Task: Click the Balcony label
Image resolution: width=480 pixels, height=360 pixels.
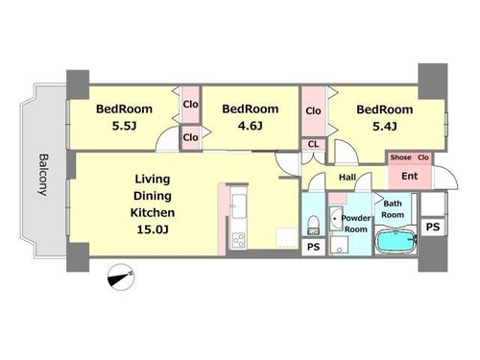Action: pos(43,175)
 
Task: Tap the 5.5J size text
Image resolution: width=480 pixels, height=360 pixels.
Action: pos(124,126)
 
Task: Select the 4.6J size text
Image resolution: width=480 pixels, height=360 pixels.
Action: pos(250,126)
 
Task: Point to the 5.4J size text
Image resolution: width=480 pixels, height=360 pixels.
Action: pos(385,127)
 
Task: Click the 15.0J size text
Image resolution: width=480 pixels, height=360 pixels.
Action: pos(153,229)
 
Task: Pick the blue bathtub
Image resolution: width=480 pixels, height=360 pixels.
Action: pos(396,241)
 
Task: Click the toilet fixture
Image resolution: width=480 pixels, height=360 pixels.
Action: pos(313,225)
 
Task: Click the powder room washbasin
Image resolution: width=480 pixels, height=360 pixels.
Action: pos(336,219)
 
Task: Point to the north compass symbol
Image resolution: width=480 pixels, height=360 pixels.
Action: pos(121,277)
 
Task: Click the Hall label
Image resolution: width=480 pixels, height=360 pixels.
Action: pos(348,177)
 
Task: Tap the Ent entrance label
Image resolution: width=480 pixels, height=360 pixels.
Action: pos(410,176)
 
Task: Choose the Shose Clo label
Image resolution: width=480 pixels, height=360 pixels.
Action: pos(409,157)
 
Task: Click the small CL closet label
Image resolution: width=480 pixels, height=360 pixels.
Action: pos(313,144)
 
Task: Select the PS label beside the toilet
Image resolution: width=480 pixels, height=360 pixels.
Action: pos(313,247)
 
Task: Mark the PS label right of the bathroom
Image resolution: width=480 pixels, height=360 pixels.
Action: pos(433,227)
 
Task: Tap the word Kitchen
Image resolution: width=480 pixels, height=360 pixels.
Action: pos(153,212)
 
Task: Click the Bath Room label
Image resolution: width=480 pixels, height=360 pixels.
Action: pos(393,209)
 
